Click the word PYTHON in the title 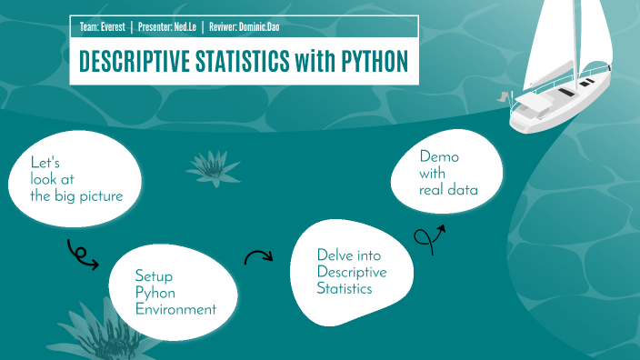coord(362,62)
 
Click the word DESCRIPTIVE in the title coord(135,62)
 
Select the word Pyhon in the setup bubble coord(155,292)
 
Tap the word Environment coord(175,309)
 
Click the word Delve coord(335,255)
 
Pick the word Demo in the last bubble coord(439,156)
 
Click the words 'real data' coord(448,190)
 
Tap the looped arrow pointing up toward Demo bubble coord(428,235)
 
